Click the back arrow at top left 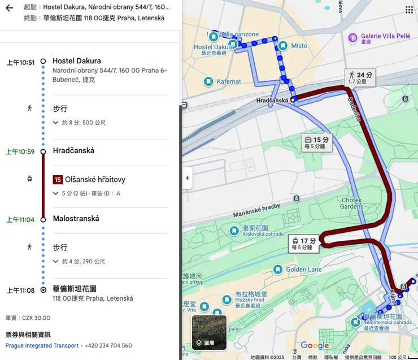point(9,8)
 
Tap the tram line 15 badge point(58,180)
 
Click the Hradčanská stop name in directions point(73,151)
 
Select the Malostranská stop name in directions point(76,219)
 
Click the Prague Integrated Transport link point(42,345)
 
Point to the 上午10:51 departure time point(21,63)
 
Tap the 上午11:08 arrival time point(21,290)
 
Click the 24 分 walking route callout point(360,77)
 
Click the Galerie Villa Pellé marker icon point(353,38)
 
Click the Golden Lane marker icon point(276,270)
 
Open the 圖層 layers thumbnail point(209,332)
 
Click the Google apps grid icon point(409,10)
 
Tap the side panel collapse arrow point(187,178)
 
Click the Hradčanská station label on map point(272,101)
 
